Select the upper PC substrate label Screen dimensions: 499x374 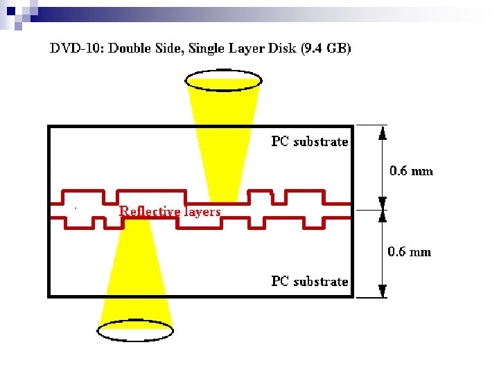click(309, 142)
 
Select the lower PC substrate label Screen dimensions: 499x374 click(309, 281)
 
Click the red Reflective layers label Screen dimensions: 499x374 click(170, 211)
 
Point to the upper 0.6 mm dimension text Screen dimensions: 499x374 click(411, 170)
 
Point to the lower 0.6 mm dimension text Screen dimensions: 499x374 click(409, 251)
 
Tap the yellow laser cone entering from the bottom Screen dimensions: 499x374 click(134, 277)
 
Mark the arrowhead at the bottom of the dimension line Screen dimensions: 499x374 click(382, 293)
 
